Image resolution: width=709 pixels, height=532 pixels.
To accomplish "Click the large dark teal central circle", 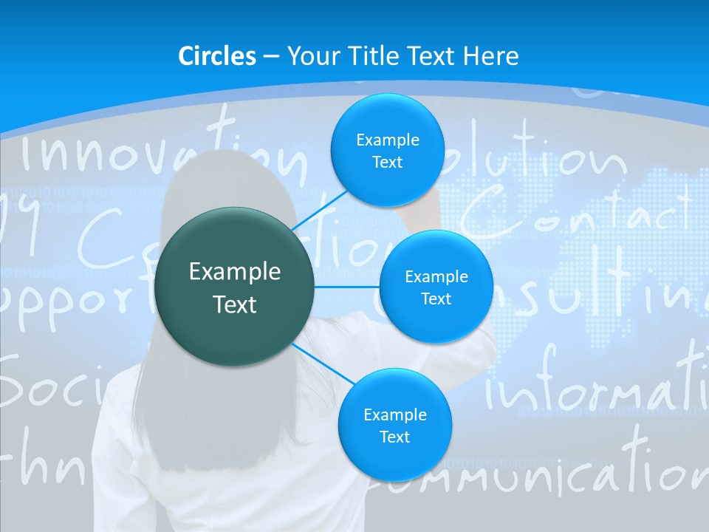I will [x=235, y=287].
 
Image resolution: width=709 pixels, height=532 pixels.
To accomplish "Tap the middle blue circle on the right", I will [x=436, y=287].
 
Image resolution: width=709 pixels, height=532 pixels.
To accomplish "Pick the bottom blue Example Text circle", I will [x=394, y=425].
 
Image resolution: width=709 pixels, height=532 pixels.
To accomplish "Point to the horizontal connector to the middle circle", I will [x=347, y=287].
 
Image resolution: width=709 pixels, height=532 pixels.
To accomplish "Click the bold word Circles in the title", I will [x=217, y=56].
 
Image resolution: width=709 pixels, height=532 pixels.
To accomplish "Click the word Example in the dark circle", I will [x=235, y=272].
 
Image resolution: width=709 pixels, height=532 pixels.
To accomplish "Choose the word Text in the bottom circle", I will [x=394, y=437].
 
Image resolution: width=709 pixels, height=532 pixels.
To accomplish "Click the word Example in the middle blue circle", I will [x=436, y=276].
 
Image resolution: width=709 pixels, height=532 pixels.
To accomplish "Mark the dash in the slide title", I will [x=271, y=57].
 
